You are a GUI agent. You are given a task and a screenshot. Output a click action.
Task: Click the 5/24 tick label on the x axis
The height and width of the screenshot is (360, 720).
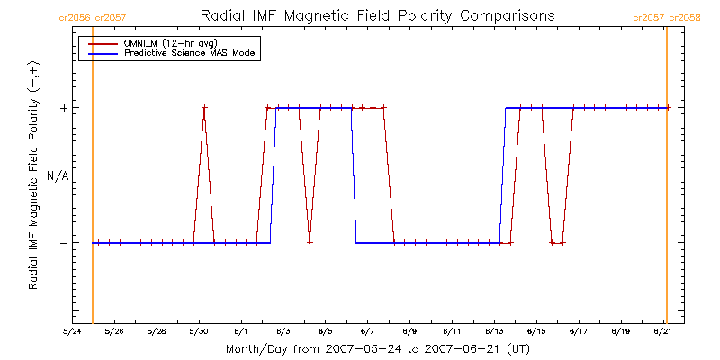72,331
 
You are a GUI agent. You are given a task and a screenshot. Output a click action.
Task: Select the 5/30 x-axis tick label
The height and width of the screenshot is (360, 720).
199,331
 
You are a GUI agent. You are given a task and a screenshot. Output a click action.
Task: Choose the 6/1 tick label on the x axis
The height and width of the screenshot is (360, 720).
241,331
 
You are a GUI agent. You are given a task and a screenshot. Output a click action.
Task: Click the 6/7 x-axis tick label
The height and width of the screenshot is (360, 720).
368,331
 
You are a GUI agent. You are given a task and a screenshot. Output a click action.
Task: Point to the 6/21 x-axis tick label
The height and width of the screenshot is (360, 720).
664,331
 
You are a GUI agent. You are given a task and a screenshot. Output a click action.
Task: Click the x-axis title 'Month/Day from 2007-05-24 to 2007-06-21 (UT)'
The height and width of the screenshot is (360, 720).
377,348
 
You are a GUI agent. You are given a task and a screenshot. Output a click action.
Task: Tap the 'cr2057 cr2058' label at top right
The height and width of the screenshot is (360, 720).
667,17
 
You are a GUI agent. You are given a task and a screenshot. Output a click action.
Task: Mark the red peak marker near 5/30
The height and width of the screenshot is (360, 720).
204,108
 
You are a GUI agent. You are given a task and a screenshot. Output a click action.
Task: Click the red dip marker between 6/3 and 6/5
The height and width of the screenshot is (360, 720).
310,243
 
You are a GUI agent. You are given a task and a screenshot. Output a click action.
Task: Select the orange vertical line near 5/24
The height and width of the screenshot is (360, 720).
93,180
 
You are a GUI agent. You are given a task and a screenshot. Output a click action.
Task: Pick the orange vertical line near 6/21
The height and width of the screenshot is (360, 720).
666,180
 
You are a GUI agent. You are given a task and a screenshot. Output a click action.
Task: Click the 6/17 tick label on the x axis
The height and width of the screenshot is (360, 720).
580,331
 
